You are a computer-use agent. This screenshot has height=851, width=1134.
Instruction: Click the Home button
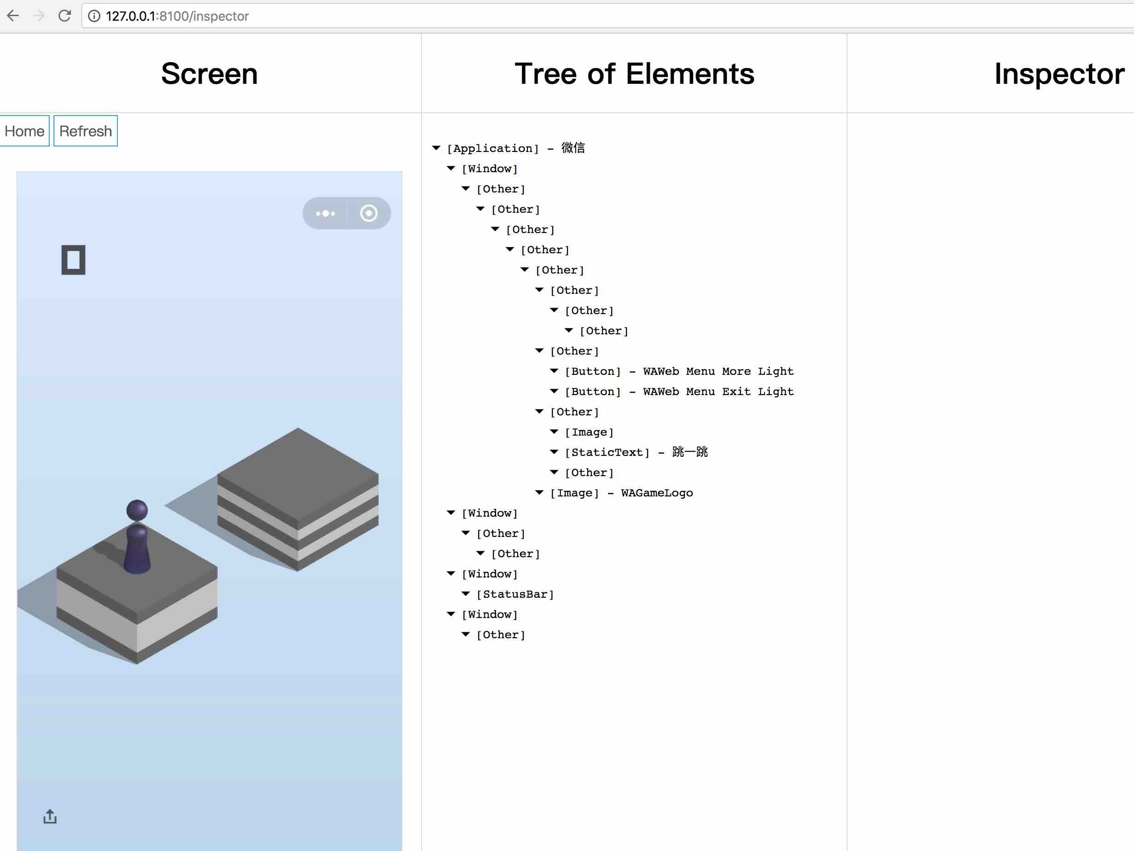click(24, 131)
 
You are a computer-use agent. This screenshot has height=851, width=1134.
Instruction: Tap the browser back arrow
click(13, 16)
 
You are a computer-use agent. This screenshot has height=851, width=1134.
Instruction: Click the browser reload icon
click(64, 16)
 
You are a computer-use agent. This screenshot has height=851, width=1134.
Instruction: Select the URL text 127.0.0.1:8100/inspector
click(177, 17)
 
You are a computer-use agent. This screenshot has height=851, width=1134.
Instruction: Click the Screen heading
click(209, 74)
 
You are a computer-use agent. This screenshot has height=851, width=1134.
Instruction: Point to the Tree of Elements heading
click(634, 74)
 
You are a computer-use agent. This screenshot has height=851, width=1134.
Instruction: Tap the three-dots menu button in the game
click(326, 213)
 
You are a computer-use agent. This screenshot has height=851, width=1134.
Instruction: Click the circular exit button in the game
click(368, 213)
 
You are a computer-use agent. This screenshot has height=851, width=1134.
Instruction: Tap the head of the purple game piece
click(137, 510)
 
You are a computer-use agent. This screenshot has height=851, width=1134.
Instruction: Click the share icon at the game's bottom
click(50, 816)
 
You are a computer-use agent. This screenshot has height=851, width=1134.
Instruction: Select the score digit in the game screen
click(73, 260)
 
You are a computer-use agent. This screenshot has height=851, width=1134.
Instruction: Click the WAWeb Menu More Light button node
click(679, 371)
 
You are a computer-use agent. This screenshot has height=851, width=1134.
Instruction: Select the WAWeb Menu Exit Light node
click(679, 392)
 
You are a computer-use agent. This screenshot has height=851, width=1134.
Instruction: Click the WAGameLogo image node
click(621, 493)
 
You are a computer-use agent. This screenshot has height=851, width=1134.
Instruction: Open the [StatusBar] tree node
click(514, 594)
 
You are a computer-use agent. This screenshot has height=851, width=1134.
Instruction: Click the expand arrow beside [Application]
click(436, 148)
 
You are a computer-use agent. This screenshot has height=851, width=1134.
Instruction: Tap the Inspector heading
click(1059, 74)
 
